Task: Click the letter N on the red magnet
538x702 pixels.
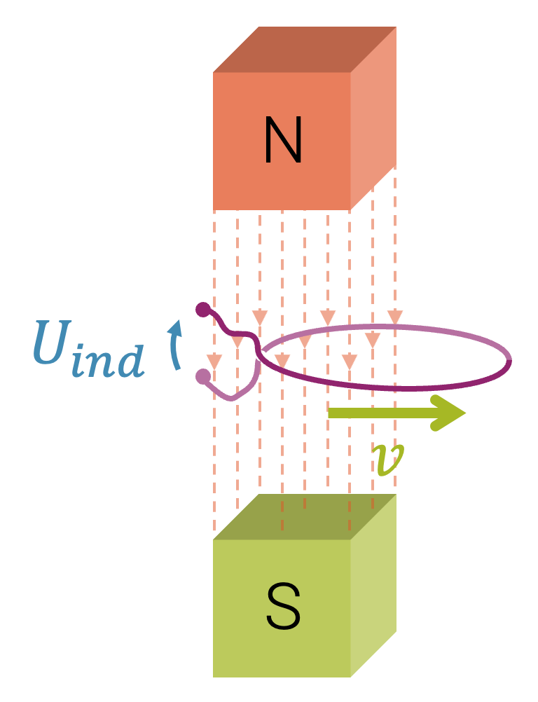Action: click(283, 141)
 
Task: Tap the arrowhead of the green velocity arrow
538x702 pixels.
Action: click(448, 413)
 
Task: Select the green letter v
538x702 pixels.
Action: click(390, 460)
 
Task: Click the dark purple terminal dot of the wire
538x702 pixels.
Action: click(203, 308)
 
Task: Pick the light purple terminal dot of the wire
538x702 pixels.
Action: click(203, 377)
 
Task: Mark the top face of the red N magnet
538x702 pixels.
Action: click(305, 49)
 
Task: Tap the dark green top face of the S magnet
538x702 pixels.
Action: click(305, 517)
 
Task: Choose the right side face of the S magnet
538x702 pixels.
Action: click(373, 585)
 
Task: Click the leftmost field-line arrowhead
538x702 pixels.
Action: click(214, 362)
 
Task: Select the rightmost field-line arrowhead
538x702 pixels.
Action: click(395, 317)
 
